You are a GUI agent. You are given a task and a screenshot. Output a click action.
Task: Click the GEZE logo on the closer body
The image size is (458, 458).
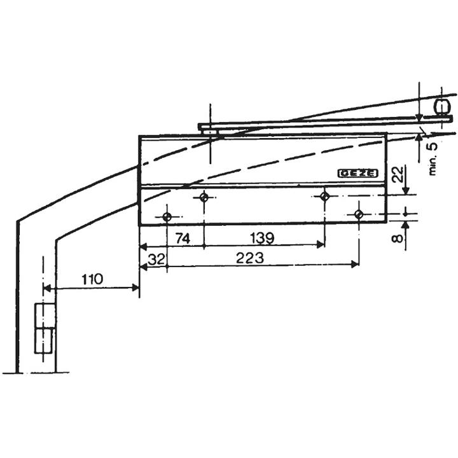tap(358, 174)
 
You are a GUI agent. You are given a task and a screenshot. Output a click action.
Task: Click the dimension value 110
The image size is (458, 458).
tap(92, 279)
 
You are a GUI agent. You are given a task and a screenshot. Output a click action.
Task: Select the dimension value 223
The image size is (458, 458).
tap(250, 258)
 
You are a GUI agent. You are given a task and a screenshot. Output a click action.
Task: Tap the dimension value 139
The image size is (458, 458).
tap(262, 239)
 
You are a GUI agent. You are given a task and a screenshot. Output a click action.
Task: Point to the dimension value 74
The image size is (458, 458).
tap(183, 239)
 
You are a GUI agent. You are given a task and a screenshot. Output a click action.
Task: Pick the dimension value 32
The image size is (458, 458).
tap(156, 260)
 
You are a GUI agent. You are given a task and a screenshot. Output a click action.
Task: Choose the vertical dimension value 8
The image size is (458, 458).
tap(398, 239)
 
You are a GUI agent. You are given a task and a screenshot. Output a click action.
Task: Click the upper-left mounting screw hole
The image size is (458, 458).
tap(204, 198)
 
